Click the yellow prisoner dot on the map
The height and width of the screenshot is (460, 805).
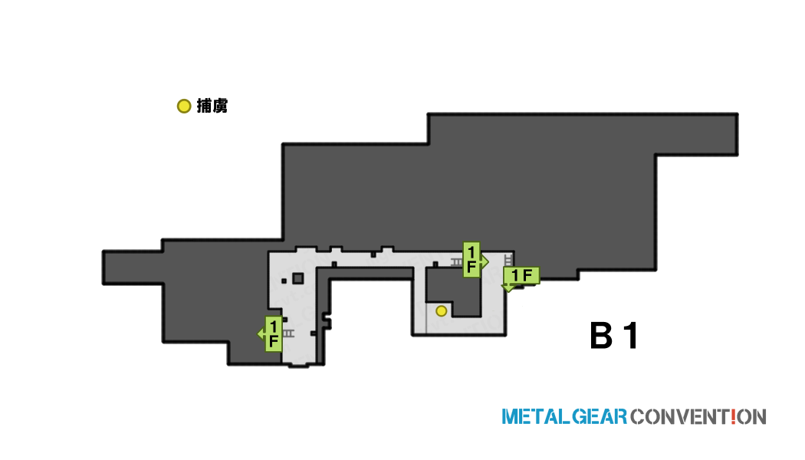pos(441,310)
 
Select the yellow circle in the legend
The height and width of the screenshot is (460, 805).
pos(184,107)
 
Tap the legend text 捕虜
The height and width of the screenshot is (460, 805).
pos(212,106)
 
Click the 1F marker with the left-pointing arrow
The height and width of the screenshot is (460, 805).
pos(271,333)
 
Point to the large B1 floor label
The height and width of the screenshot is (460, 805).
pos(614,336)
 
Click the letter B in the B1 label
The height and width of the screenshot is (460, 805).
pos(601,336)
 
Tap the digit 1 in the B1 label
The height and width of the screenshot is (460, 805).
pos(631,336)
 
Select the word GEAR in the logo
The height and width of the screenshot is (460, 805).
pos(600,416)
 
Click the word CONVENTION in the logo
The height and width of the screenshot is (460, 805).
pos(698,416)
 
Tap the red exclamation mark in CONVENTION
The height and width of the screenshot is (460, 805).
pos(733,416)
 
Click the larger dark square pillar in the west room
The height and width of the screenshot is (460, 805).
pos(297,279)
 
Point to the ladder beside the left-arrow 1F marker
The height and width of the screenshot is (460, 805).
pos(288,333)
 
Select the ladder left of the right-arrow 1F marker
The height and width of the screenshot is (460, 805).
pos(457,262)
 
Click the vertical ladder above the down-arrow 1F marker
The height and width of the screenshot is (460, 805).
pos(508,260)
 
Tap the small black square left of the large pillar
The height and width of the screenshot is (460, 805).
pos(284,281)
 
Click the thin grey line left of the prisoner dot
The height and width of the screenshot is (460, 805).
pos(426,318)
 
